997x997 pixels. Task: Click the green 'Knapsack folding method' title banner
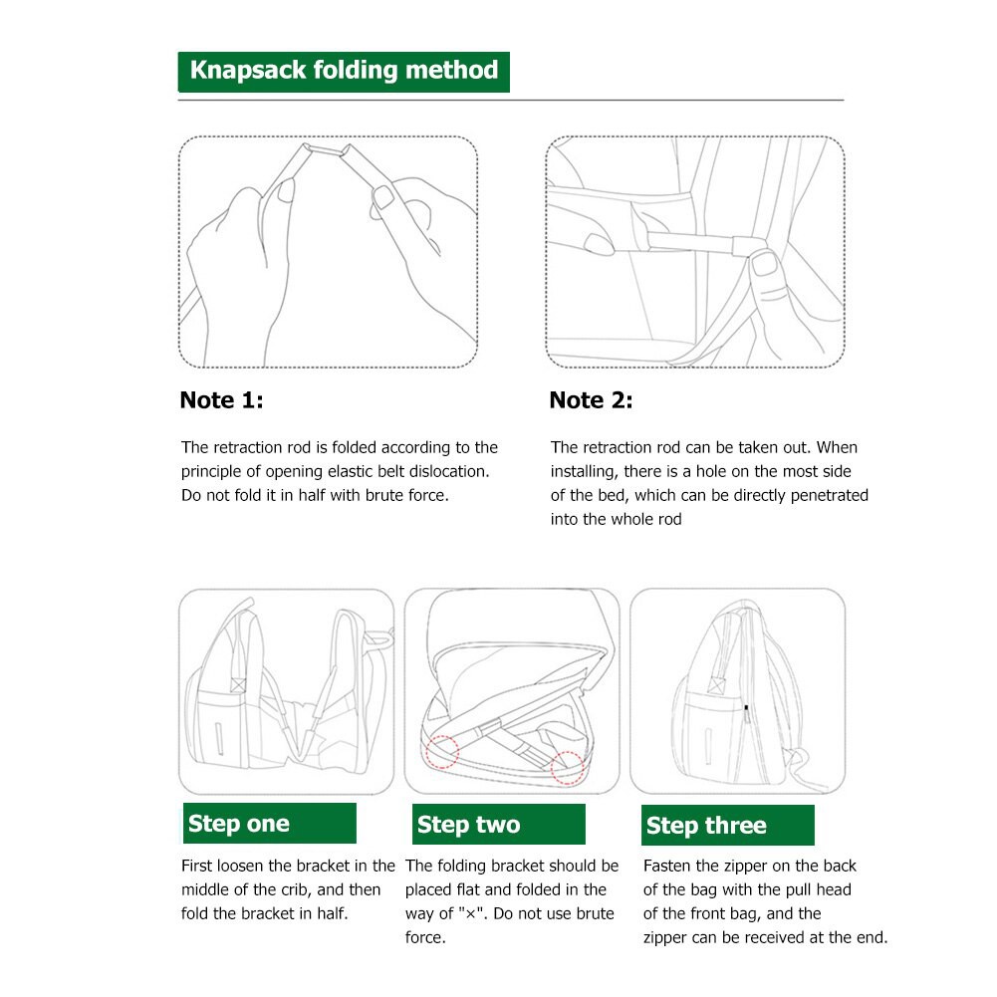coord(344,72)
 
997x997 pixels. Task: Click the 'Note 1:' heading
coord(221,400)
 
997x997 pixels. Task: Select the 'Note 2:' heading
coord(591,400)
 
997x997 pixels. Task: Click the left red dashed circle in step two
coord(440,749)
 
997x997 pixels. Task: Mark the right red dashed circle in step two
coord(568,765)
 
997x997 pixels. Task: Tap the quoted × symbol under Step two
coord(472,913)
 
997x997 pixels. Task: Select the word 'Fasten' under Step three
coord(667,866)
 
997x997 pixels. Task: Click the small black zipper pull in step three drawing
coord(746,708)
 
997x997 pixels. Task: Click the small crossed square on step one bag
coord(238,683)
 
